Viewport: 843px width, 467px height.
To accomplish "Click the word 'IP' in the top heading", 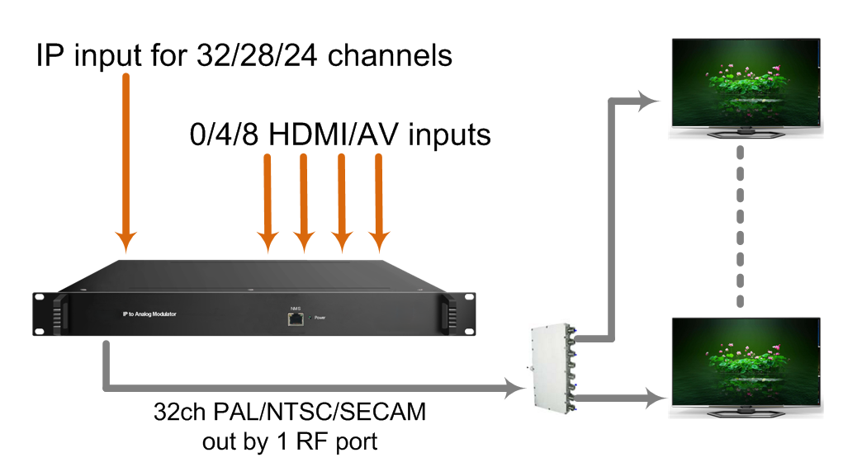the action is click(50, 56).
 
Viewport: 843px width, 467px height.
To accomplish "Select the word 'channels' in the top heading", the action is click(390, 56).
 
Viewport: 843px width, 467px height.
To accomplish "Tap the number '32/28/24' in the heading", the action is click(257, 56).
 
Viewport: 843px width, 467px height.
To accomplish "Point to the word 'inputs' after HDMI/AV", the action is click(449, 135).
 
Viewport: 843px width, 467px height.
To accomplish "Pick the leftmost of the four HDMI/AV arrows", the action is click(268, 203).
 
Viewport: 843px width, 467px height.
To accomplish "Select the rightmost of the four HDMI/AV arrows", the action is click(379, 203).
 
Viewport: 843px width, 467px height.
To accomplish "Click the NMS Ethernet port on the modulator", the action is click(296, 319).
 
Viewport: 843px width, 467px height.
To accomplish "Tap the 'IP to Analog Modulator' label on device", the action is click(149, 314).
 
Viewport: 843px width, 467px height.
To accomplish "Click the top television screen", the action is click(746, 81).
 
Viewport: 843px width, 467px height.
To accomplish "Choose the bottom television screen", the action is click(746, 361).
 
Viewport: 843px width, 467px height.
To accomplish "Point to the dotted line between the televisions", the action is click(741, 226).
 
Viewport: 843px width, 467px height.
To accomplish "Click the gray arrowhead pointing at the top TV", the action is click(648, 101).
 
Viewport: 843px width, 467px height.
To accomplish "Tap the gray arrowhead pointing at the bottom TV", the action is click(656, 399).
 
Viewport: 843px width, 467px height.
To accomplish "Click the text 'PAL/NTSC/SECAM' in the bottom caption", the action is click(320, 413).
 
